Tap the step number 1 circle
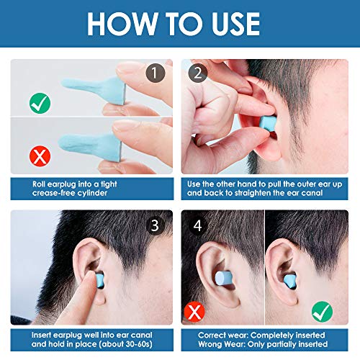[155, 73]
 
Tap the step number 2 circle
[197, 73]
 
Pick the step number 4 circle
[197, 225]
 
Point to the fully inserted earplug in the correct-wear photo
[304, 274]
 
